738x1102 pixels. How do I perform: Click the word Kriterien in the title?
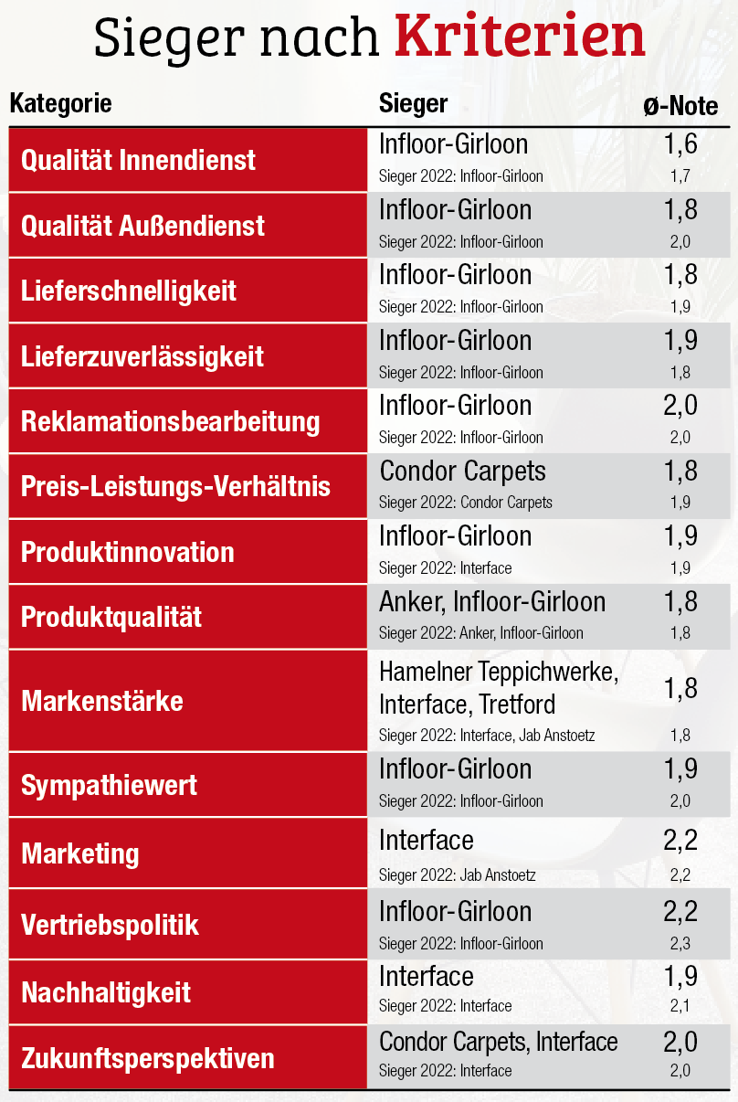pos(520,37)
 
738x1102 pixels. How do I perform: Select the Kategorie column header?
pos(60,104)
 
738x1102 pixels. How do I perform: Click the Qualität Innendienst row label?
pos(138,161)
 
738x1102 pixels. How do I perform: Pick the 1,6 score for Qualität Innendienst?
pos(680,144)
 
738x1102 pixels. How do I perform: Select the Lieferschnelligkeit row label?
pos(128,291)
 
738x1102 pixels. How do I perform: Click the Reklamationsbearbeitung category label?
pos(170,422)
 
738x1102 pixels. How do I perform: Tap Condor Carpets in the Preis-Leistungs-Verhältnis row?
pos(462,472)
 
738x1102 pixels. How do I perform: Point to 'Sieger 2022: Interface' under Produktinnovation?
pos(445,568)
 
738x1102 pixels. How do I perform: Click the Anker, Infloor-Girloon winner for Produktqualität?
pos(492,602)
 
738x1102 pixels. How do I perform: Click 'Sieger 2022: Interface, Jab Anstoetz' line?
pos(487,736)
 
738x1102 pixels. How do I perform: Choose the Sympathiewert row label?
pos(109,786)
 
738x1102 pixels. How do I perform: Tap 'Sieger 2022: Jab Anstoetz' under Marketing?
pos(457,875)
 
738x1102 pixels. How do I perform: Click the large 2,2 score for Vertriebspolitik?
pos(680,911)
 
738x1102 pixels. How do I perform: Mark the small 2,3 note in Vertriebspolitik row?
pos(680,943)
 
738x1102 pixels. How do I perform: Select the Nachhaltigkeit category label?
pos(106,993)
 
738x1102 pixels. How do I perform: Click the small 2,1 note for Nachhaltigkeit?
pos(680,1006)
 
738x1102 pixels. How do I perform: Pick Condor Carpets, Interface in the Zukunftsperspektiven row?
pos(498,1042)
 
